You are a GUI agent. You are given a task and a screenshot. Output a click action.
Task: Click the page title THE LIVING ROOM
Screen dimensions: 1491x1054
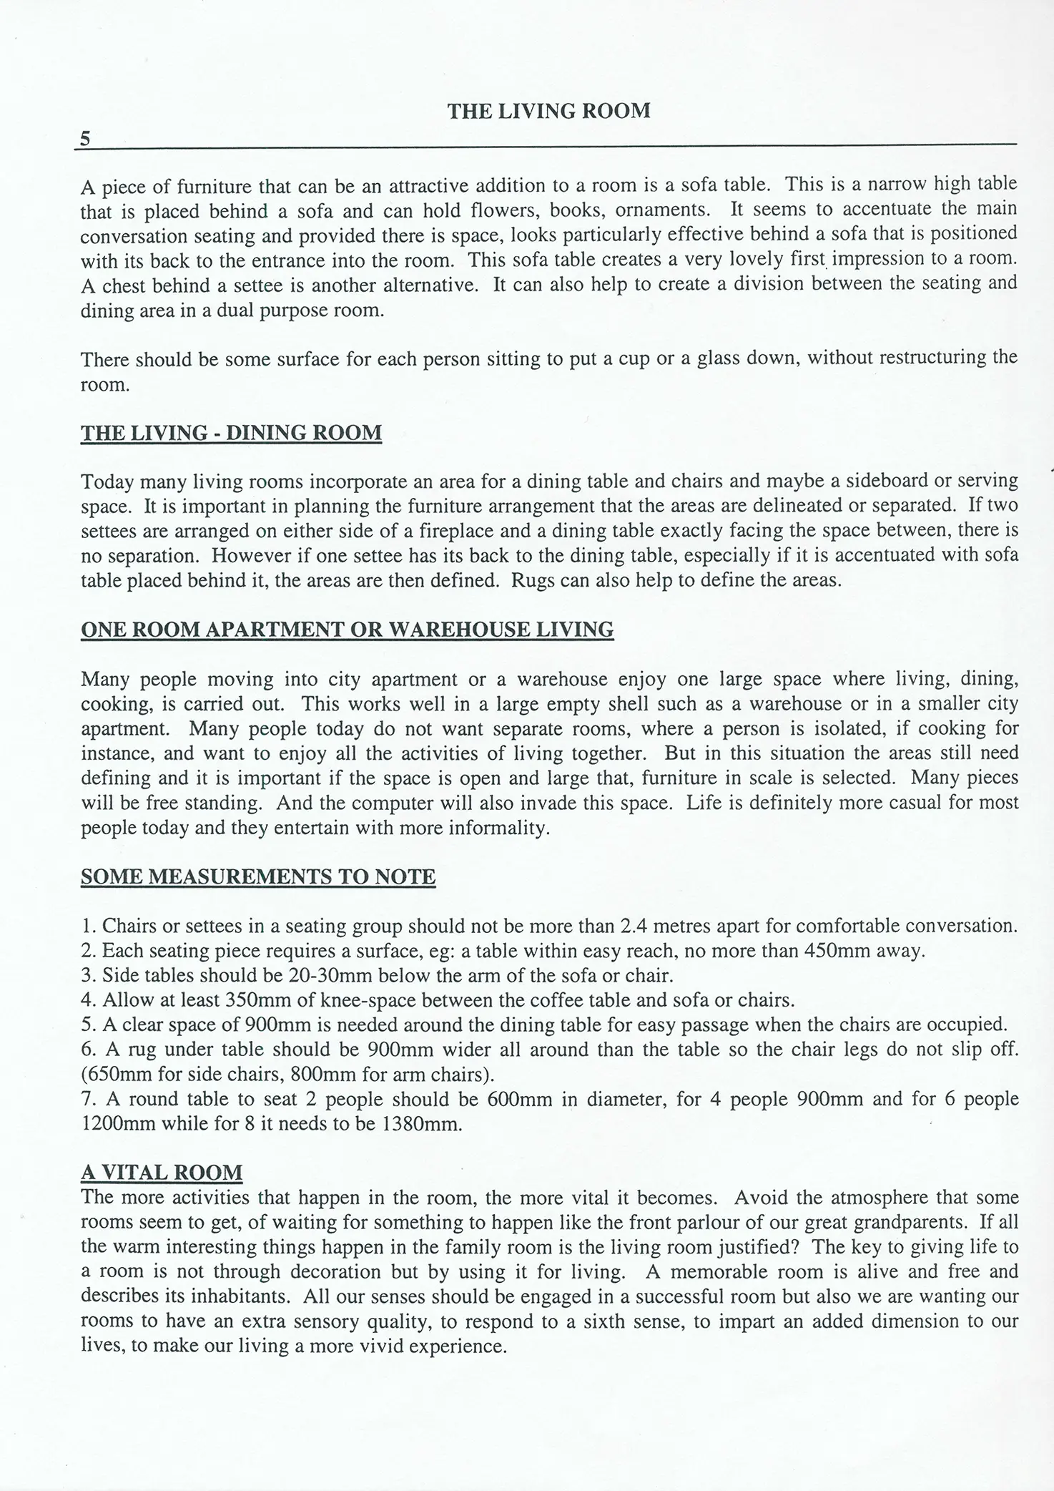[x=548, y=111]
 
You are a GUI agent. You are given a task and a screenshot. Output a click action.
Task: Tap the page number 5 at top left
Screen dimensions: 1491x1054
[x=85, y=138]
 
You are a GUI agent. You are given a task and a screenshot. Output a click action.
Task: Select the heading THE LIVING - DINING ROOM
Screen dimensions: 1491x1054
[x=231, y=433]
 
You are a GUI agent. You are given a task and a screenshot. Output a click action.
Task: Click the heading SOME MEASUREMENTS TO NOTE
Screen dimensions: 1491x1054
[x=258, y=876]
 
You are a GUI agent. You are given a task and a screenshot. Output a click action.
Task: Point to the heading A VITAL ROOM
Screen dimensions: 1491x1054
[x=162, y=1172]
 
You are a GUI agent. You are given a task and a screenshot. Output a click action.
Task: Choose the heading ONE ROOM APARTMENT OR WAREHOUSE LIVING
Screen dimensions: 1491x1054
[x=347, y=630]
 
